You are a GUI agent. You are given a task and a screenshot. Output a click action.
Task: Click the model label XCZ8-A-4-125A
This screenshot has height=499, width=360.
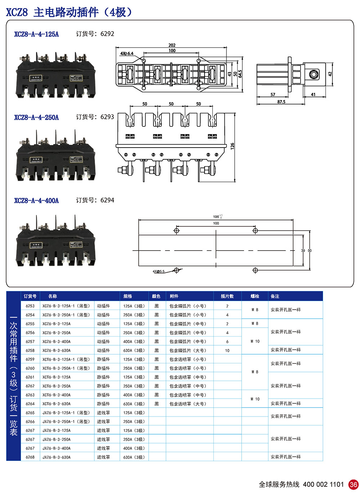click(36, 34)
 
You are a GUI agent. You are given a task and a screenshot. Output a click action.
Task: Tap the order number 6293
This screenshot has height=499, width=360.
click(107, 117)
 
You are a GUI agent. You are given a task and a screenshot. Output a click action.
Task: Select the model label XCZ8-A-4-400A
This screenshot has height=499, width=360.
click(36, 201)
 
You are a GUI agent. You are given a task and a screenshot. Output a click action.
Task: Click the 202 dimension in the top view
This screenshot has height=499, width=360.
click(172, 45)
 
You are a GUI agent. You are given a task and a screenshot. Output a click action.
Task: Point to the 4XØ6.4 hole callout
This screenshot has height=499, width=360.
click(127, 54)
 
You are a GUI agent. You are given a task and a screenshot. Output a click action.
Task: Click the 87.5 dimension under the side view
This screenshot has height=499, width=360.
click(281, 102)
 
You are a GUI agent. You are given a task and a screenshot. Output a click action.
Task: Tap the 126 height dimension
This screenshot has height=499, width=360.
click(233, 146)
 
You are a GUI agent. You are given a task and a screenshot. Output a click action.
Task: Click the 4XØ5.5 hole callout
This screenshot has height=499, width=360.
click(158, 271)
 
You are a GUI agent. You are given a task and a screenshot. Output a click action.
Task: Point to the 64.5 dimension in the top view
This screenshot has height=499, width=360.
click(240, 74)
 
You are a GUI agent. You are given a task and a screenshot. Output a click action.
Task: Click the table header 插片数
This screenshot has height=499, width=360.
click(227, 296)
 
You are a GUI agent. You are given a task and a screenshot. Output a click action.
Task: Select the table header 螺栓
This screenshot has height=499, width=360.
click(255, 296)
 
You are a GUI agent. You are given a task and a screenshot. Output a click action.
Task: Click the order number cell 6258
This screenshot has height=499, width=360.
click(30, 350)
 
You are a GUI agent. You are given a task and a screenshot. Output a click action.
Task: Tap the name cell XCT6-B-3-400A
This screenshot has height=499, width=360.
click(57, 395)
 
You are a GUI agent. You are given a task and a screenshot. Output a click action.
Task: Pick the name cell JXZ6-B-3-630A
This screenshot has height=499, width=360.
click(57, 457)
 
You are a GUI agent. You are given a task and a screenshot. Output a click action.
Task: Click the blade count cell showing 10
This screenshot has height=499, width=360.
click(227, 350)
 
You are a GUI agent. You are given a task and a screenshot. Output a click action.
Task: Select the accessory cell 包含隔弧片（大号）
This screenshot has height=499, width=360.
click(188, 350)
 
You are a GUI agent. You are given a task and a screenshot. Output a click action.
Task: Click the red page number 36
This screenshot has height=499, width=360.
click(354, 485)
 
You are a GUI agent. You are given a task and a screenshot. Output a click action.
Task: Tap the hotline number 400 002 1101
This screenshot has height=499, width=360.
click(323, 485)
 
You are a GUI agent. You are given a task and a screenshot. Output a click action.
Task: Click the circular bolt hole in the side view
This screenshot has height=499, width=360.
click(314, 75)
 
